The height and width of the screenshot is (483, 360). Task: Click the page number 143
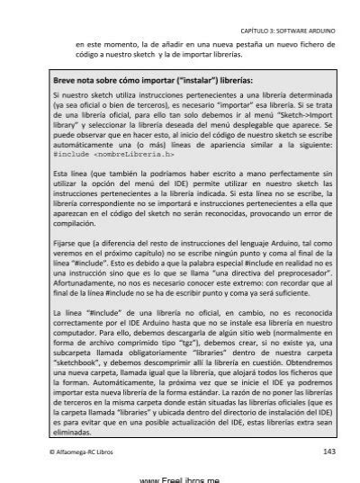(328, 451)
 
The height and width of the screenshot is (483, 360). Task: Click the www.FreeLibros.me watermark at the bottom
(179, 477)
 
